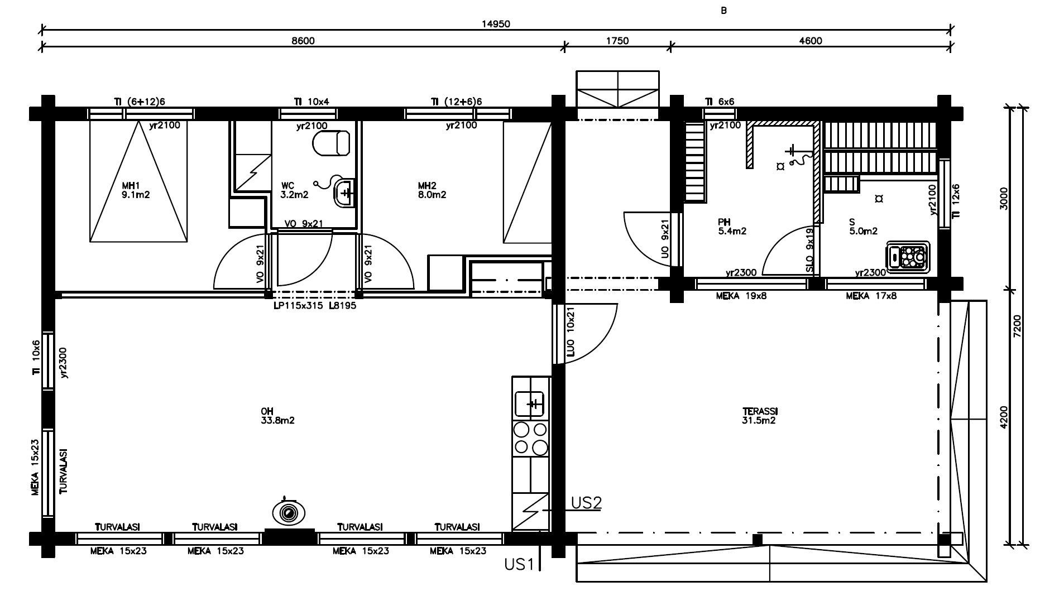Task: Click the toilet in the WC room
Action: (331, 143)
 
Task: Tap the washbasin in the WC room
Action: (344, 193)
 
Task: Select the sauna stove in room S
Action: (908, 257)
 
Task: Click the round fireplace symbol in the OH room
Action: (289, 512)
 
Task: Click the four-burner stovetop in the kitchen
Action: (531, 439)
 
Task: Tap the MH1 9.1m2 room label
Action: (136, 190)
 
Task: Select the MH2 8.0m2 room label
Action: (432, 190)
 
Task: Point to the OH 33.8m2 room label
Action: (277, 416)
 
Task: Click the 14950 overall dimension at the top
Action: (496, 23)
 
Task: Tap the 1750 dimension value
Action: (617, 41)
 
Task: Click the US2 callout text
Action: (586, 503)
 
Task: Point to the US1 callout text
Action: (519, 565)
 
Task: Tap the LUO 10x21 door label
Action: (570, 333)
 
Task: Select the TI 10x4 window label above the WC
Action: (311, 102)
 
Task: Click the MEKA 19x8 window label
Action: (741, 296)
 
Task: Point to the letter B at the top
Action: (724, 11)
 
